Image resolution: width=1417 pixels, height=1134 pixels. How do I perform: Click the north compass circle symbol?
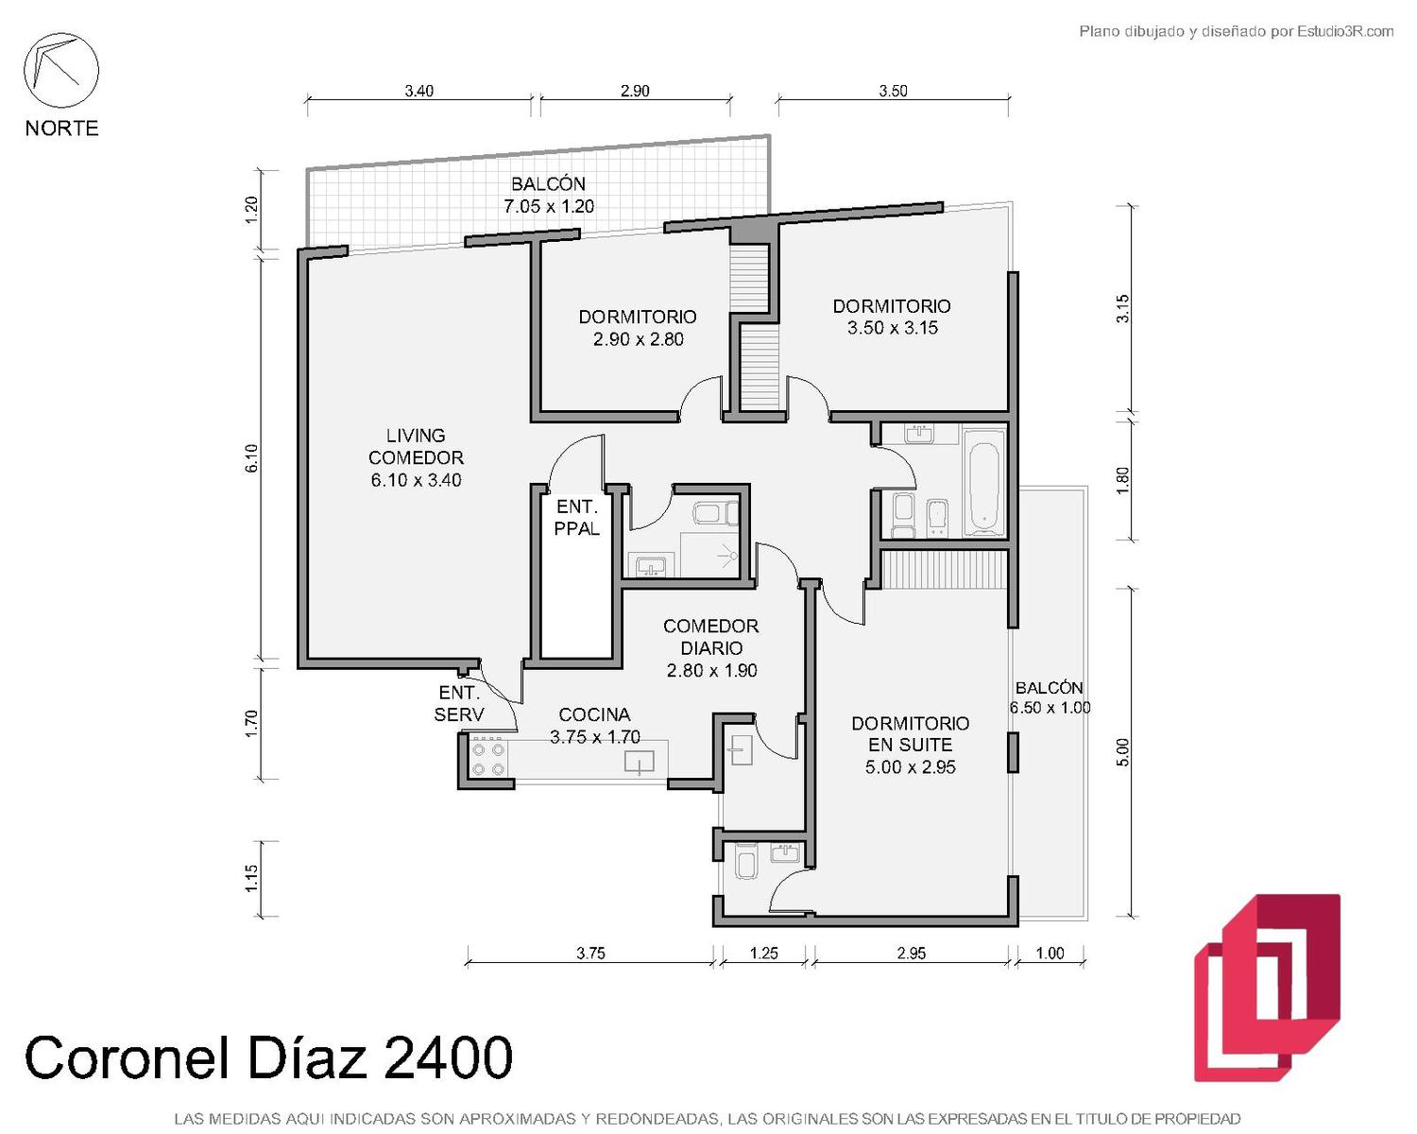[61, 71]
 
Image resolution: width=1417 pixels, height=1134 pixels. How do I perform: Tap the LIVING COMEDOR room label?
[416, 457]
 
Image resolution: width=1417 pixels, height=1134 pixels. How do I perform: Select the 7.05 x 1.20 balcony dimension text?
[549, 206]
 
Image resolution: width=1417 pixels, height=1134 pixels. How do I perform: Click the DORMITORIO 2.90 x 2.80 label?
[638, 328]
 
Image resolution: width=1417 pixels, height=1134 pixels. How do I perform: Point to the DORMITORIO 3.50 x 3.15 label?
[892, 317]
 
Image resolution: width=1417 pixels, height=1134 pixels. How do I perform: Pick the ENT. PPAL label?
[577, 517]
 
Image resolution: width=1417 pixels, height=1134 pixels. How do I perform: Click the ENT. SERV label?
[459, 703]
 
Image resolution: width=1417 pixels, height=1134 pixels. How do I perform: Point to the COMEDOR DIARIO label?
[711, 647]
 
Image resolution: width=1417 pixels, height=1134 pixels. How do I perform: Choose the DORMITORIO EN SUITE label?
[910, 745]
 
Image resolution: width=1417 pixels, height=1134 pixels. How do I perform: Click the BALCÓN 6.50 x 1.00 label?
[1050, 697]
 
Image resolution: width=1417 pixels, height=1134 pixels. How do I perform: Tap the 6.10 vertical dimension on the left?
[252, 458]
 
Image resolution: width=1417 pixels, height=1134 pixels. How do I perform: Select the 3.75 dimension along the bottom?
[590, 953]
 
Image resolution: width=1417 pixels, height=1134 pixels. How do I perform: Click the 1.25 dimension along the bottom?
[764, 953]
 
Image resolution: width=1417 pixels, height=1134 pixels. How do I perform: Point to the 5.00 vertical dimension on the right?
[1124, 752]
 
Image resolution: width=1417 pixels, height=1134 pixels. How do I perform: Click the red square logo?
[1268, 988]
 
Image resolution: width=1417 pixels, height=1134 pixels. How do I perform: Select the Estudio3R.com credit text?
[1345, 31]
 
